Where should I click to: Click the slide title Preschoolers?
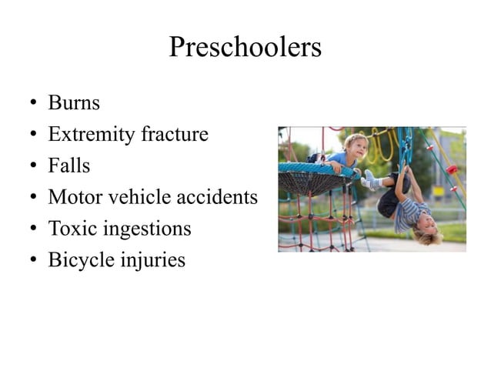click(x=245, y=48)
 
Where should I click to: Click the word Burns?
click(x=74, y=102)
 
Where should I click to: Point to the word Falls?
click(x=69, y=166)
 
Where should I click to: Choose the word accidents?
click(x=218, y=197)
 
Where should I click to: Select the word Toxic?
click(x=73, y=229)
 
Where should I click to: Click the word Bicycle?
click(x=79, y=260)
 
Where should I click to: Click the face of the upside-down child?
click(x=424, y=229)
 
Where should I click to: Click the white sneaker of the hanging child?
click(x=372, y=179)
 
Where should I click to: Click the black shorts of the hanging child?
click(x=389, y=202)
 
